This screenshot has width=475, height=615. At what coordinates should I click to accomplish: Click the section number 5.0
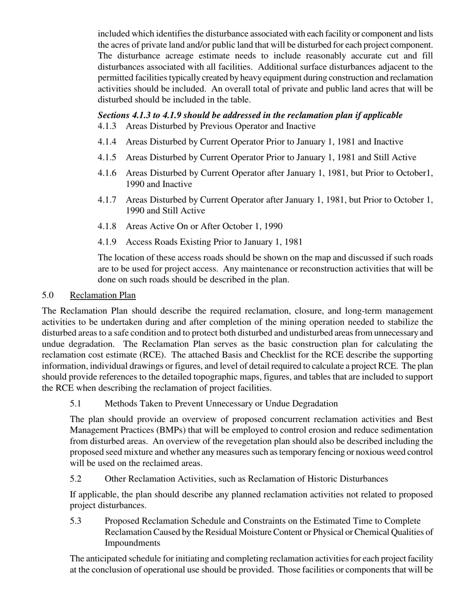coord(48,295)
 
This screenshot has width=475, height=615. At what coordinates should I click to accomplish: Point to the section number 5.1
coord(75,403)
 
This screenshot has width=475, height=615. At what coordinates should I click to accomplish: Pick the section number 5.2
coord(75,479)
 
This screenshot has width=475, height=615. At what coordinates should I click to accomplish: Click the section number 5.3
coord(75,521)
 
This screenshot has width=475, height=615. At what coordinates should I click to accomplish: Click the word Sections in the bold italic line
coord(114,115)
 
